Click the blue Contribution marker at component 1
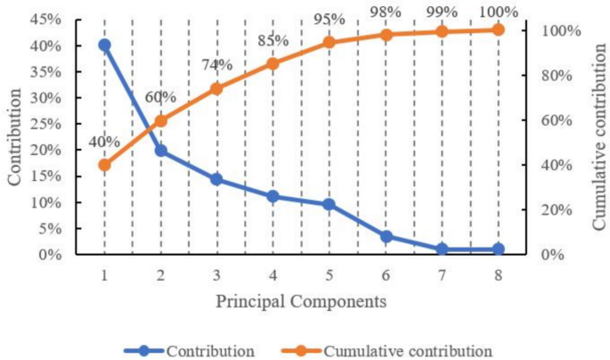pyautogui.click(x=104, y=45)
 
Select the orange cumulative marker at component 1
pyautogui.click(x=104, y=165)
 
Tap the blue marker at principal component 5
pyautogui.click(x=329, y=204)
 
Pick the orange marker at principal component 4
pyautogui.click(x=272, y=63)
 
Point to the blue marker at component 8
pyautogui.click(x=498, y=250)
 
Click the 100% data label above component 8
pyautogui.click(x=498, y=12)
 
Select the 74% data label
pyautogui.click(x=216, y=65)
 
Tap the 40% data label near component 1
pyautogui.click(x=105, y=141)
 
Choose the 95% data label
pyautogui.click(x=329, y=20)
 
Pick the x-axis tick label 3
pyautogui.click(x=216, y=275)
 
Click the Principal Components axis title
pyautogui.click(x=301, y=301)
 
